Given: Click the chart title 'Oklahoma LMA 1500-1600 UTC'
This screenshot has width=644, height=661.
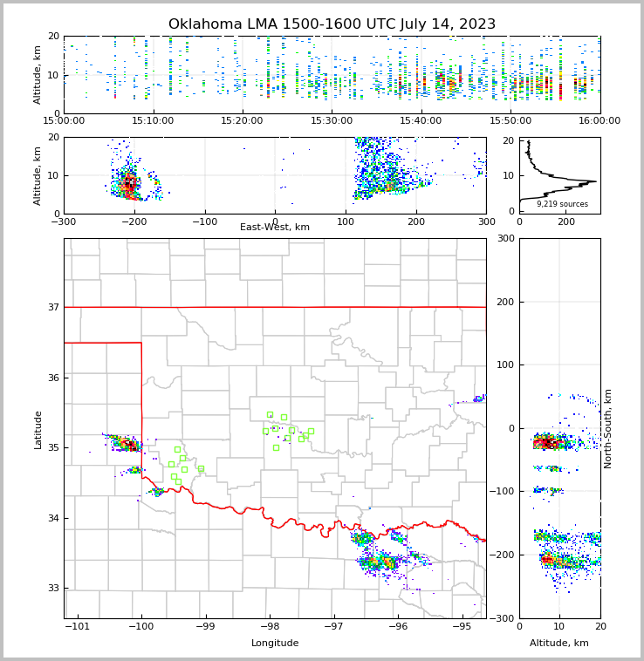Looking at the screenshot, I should pyautogui.click(x=332, y=24).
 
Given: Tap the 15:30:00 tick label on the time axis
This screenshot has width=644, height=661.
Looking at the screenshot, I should pyautogui.click(x=332, y=121).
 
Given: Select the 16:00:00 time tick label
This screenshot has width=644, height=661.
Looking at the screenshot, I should pyautogui.click(x=599, y=121).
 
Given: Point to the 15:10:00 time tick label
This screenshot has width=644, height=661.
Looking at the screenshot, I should pyautogui.click(x=154, y=121).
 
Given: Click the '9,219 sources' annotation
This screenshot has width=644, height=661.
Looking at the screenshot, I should pyautogui.click(x=562, y=204).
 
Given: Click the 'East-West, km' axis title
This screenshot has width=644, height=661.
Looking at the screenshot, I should pyautogui.click(x=275, y=228).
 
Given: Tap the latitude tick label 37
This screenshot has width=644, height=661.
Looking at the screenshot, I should pyautogui.click(x=53, y=307).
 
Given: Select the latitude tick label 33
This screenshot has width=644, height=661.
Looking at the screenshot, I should pyautogui.click(x=53, y=589).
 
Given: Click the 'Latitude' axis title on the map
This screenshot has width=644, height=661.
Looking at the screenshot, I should pyautogui.click(x=38, y=429).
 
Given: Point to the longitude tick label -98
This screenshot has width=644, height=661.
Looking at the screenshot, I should pyautogui.click(x=270, y=626).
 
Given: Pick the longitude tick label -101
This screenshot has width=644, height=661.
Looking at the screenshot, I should pyautogui.click(x=78, y=626).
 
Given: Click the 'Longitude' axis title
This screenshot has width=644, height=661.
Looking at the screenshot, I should pyautogui.click(x=275, y=644).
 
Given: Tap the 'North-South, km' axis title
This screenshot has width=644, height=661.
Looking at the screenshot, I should pyautogui.click(x=608, y=428).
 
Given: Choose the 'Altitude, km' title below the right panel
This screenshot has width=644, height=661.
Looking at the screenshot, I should pyautogui.click(x=559, y=644).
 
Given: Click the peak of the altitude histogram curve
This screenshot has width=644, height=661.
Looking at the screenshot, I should pyautogui.click(x=596, y=181).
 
